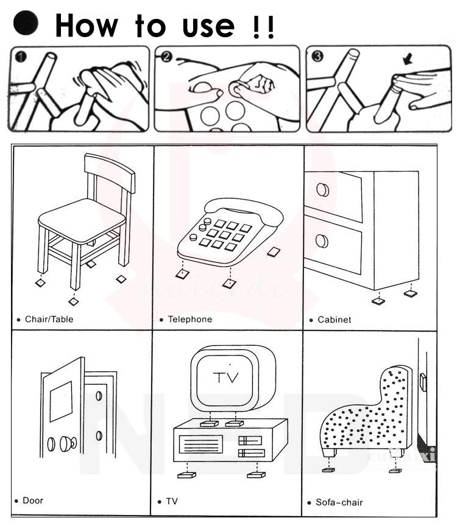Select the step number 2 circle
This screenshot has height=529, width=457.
[166, 58]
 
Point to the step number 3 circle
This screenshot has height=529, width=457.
[317, 58]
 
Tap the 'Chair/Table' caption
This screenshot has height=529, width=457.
[49, 319]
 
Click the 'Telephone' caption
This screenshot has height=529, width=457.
[190, 319]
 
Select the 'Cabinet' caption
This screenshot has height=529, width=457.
[334, 320]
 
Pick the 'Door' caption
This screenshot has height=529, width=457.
[33, 500]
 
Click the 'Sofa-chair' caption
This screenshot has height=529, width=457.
[339, 502]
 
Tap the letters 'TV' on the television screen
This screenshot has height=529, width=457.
[226, 377]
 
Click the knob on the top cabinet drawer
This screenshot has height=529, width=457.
[322, 191]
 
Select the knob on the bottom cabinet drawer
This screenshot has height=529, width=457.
[322, 241]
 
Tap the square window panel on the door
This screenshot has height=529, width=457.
[61, 399]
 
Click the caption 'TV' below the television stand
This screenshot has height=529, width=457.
[172, 502]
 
